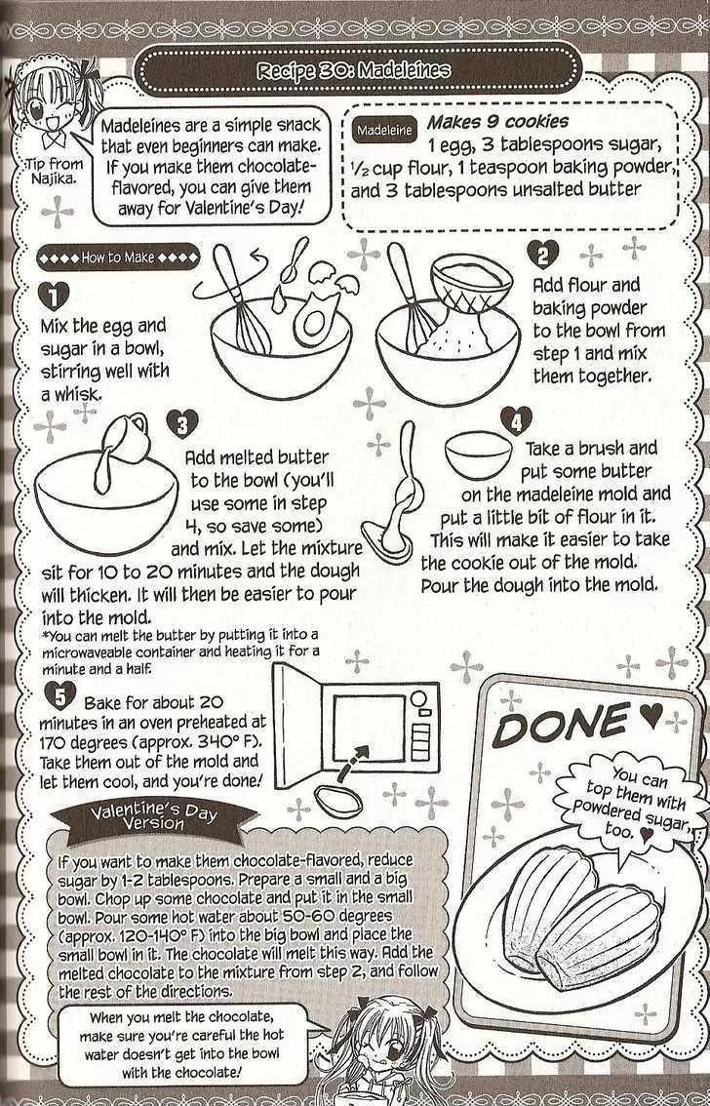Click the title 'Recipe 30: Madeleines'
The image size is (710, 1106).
click(354, 70)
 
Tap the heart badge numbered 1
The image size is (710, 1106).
click(54, 296)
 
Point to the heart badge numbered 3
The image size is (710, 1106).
click(182, 424)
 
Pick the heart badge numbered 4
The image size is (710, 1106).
click(517, 421)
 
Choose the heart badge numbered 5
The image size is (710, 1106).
click(59, 696)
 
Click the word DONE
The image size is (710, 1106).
click(561, 724)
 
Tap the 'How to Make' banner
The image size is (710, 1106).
click(118, 257)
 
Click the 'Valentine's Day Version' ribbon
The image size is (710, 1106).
click(154, 817)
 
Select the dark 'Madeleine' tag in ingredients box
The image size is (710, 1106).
click(384, 131)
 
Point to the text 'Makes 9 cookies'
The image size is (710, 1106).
click(497, 122)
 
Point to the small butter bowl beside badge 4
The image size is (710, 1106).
click(479, 454)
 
